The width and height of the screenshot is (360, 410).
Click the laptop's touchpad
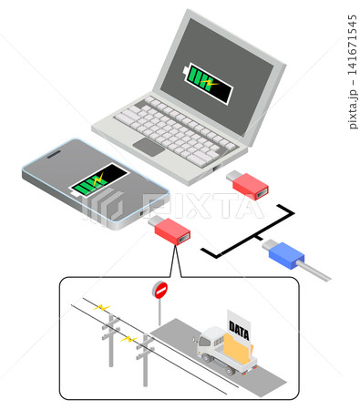149,147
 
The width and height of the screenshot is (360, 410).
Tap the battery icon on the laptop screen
208,84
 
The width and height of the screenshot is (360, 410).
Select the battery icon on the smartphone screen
98,180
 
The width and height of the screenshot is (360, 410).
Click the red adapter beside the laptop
248,185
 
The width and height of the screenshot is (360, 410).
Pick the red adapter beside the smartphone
170,230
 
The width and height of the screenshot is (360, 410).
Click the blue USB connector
283,254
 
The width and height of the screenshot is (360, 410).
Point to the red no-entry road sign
160,291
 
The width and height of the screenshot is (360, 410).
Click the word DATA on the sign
239,331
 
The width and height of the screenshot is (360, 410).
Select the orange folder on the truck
238,347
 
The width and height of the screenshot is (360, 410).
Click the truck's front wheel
207,358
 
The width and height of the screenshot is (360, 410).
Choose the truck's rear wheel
229,371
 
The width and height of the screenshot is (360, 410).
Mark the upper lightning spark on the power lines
102,308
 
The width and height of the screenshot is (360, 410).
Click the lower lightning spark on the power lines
129,339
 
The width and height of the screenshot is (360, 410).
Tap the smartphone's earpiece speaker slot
55,154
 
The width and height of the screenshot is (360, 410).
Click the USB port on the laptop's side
217,168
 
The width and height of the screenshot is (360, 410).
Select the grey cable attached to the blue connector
314,271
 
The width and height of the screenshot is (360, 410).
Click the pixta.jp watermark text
353,72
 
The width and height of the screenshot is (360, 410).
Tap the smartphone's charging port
143,212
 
